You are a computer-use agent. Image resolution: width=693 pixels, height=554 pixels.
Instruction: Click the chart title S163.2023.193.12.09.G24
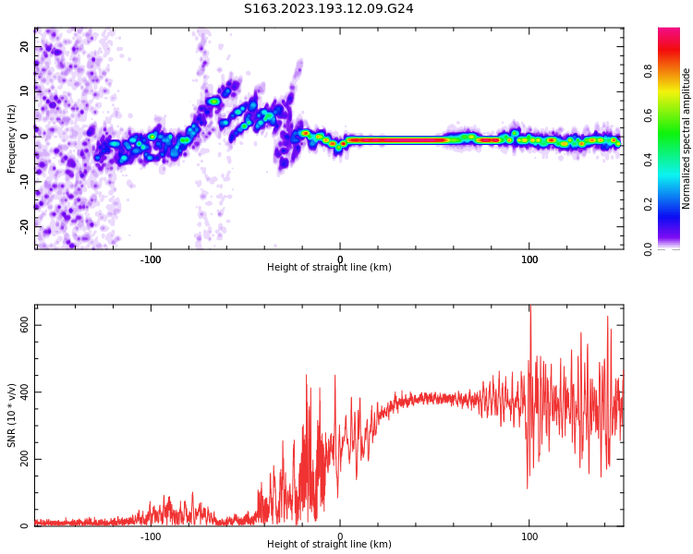point(328,8)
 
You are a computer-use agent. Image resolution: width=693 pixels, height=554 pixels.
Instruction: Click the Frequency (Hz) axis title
point(12,138)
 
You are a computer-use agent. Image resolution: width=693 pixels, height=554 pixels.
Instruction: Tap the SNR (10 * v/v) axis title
point(12,415)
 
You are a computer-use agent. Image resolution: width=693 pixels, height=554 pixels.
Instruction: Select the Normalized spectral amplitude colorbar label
point(687,138)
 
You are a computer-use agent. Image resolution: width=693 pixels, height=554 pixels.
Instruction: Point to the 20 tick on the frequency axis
point(24,47)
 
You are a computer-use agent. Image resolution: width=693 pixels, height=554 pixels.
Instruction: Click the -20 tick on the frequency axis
point(24,224)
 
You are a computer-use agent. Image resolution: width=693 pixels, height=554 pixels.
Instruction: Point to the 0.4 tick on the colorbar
point(673,159)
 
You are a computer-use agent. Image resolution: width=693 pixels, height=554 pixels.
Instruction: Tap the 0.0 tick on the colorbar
point(673,248)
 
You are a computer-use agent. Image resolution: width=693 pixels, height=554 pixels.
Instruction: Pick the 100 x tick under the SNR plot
point(529,536)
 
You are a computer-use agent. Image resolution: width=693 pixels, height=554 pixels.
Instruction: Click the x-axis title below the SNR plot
point(329,545)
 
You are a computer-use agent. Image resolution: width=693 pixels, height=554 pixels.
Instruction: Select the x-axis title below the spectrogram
point(329,268)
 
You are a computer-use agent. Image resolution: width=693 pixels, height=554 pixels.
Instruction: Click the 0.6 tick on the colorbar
point(673,114)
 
